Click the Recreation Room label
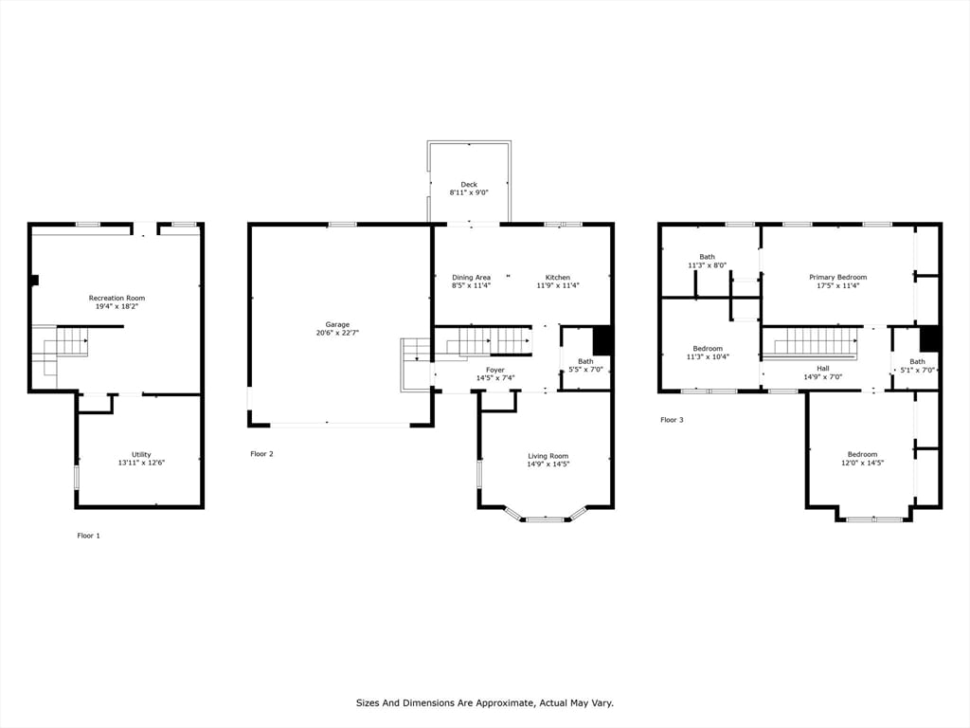click(117, 299)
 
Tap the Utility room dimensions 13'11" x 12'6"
click(142, 463)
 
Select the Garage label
click(338, 325)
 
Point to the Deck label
click(469, 185)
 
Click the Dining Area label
click(472, 278)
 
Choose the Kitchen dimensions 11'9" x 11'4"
click(558, 286)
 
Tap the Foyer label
click(495, 371)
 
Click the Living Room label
click(548, 456)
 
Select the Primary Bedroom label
click(838, 278)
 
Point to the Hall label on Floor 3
click(823, 369)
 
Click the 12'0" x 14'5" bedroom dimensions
click(862, 463)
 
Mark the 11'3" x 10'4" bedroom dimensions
click(708, 357)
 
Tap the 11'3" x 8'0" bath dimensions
click(707, 265)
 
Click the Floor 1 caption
click(88, 537)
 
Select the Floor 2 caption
click(261, 454)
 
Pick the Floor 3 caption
click(672, 420)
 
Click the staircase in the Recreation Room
click(60, 351)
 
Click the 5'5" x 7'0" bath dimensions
click(585, 371)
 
